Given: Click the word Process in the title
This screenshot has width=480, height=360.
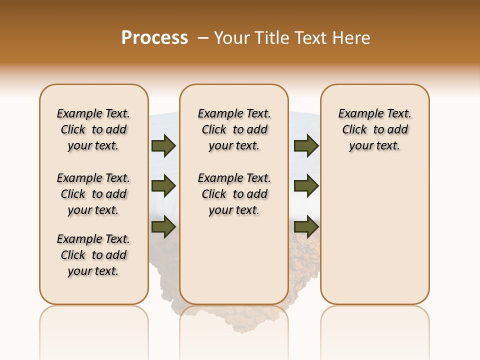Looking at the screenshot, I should tap(154, 37).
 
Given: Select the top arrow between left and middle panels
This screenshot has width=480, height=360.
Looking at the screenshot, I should tap(163, 145).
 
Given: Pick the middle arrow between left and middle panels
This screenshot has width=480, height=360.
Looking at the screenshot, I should tap(163, 186).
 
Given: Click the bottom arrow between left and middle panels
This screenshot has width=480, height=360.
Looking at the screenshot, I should tap(163, 226).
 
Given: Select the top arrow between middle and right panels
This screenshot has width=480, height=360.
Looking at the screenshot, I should tap(306, 145).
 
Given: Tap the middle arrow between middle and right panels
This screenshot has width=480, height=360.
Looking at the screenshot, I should tap(306, 186).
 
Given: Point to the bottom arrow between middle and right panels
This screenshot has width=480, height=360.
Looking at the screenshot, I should tap(306, 226).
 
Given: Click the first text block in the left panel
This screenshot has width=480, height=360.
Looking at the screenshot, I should tap(93, 129).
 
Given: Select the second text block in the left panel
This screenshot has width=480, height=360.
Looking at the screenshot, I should tap(93, 194).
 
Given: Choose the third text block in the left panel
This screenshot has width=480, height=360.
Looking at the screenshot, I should tap(93, 255).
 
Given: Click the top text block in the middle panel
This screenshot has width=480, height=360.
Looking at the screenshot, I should tap(234, 129).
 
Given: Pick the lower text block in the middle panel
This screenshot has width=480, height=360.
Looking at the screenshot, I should tap(234, 194).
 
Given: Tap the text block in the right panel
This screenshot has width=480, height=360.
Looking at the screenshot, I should tap(374, 129).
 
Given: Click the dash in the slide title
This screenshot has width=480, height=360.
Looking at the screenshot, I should tap(203, 37).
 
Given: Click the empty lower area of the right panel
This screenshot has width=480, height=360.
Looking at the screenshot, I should tap(374, 240).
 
